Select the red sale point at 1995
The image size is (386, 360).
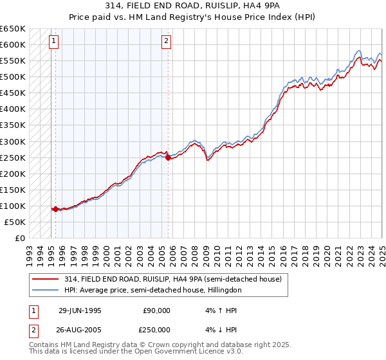pos(55,209)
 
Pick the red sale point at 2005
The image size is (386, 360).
pos(168,157)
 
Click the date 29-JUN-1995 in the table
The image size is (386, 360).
pos(80,310)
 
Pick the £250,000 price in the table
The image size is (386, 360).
pos(157,330)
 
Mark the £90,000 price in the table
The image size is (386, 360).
pos(157,310)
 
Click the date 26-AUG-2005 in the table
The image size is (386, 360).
pos(80,330)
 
